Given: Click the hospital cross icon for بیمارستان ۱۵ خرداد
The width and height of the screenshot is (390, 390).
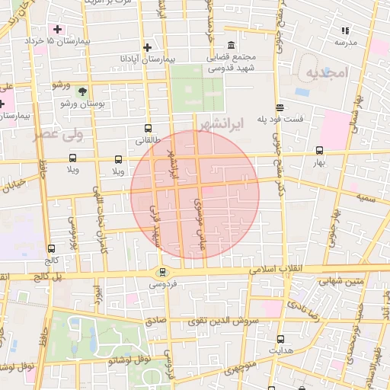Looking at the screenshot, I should point(57,29).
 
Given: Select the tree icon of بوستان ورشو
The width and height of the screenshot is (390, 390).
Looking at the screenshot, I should point(81,91).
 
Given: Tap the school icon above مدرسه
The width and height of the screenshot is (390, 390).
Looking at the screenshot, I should point(345,31).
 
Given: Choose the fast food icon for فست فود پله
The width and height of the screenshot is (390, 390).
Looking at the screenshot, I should point(280,107).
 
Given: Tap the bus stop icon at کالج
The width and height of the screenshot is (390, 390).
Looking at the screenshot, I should point(51,248).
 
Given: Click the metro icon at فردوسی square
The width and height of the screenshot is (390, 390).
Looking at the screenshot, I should point(161,272).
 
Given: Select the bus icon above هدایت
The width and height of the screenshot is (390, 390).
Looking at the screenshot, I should point(280,339).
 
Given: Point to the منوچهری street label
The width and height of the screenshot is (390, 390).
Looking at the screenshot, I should point(241,374).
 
